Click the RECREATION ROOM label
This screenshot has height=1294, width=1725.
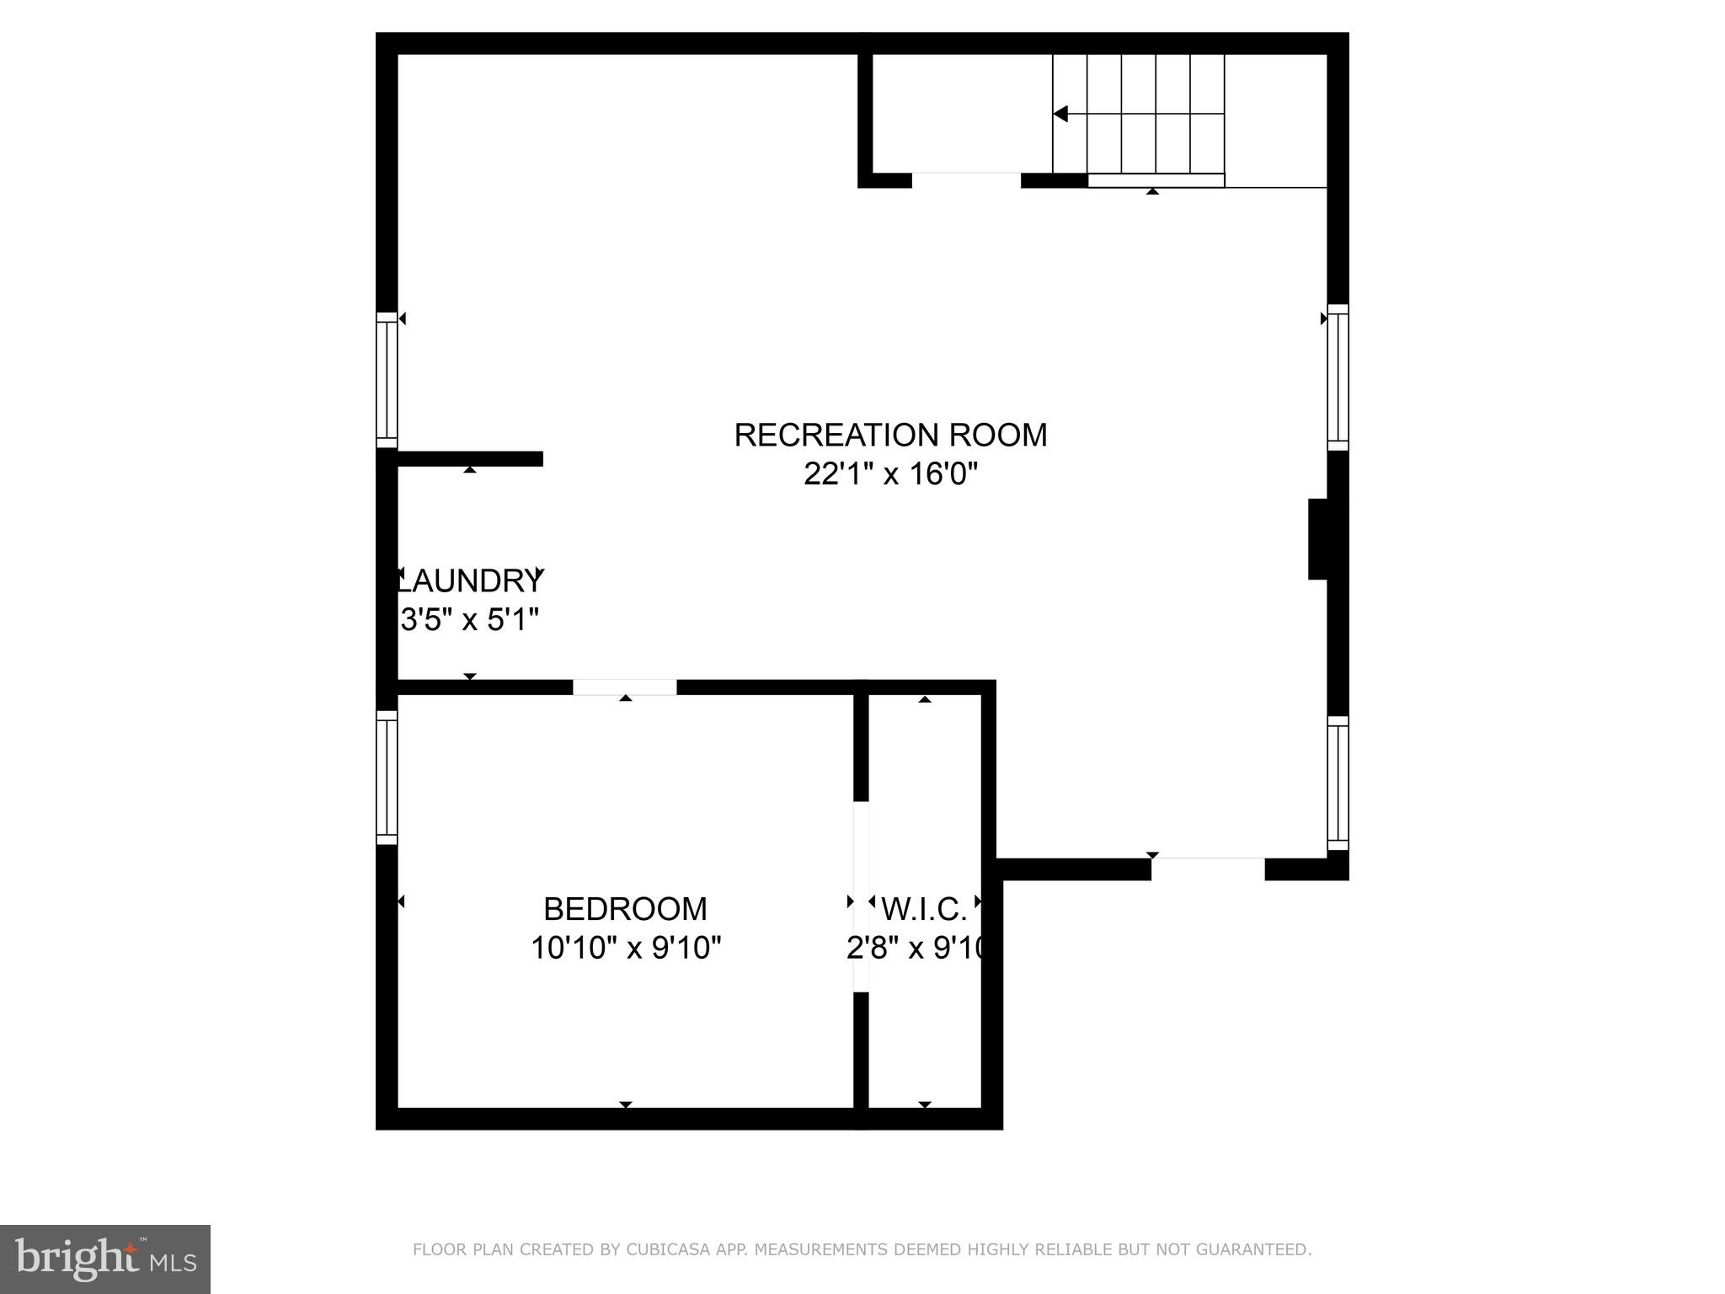pyautogui.click(x=890, y=436)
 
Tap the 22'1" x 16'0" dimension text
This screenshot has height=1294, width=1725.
pyautogui.click(x=890, y=474)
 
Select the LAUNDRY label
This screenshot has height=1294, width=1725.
pyautogui.click(x=470, y=580)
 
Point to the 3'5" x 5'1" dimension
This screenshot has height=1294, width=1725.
pyautogui.click(x=469, y=620)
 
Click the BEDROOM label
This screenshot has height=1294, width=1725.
pyautogui.click(x=625, y=909)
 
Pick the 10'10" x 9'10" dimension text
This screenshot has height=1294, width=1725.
pyautogui.click(x=625, y=949)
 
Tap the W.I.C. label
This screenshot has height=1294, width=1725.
pyautogui.click(x=924, y=909)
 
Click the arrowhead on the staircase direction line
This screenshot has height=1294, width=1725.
pyautogui.click(x=1061, y=113)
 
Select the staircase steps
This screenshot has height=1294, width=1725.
pyautogui.click(x=1139, y=113)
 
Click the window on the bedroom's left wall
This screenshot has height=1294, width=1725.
pyautogui.click(x=387, y=777)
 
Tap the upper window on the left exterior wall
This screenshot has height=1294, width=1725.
pyautogui.click(x=387, y=380)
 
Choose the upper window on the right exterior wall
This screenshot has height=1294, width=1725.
pyautogui.click(x=1338, y=377)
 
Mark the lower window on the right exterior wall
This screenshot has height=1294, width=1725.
pyautogui.click(x=1338, y=783)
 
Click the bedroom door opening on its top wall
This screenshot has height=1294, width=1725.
pyautogui.click(x=625, y=687)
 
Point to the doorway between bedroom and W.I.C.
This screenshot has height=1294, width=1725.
pyautogui.click(x=861, y=896)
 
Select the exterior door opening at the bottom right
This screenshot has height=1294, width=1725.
pyautogui.click(x=1208, y=869)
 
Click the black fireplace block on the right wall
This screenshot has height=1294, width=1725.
pyautogui.click(x=1319, y=539)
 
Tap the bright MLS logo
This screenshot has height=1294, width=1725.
pyautogui.click(x=105, y=1259)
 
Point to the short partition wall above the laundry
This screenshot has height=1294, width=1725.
pyautogui.click(x=469, y=458)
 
